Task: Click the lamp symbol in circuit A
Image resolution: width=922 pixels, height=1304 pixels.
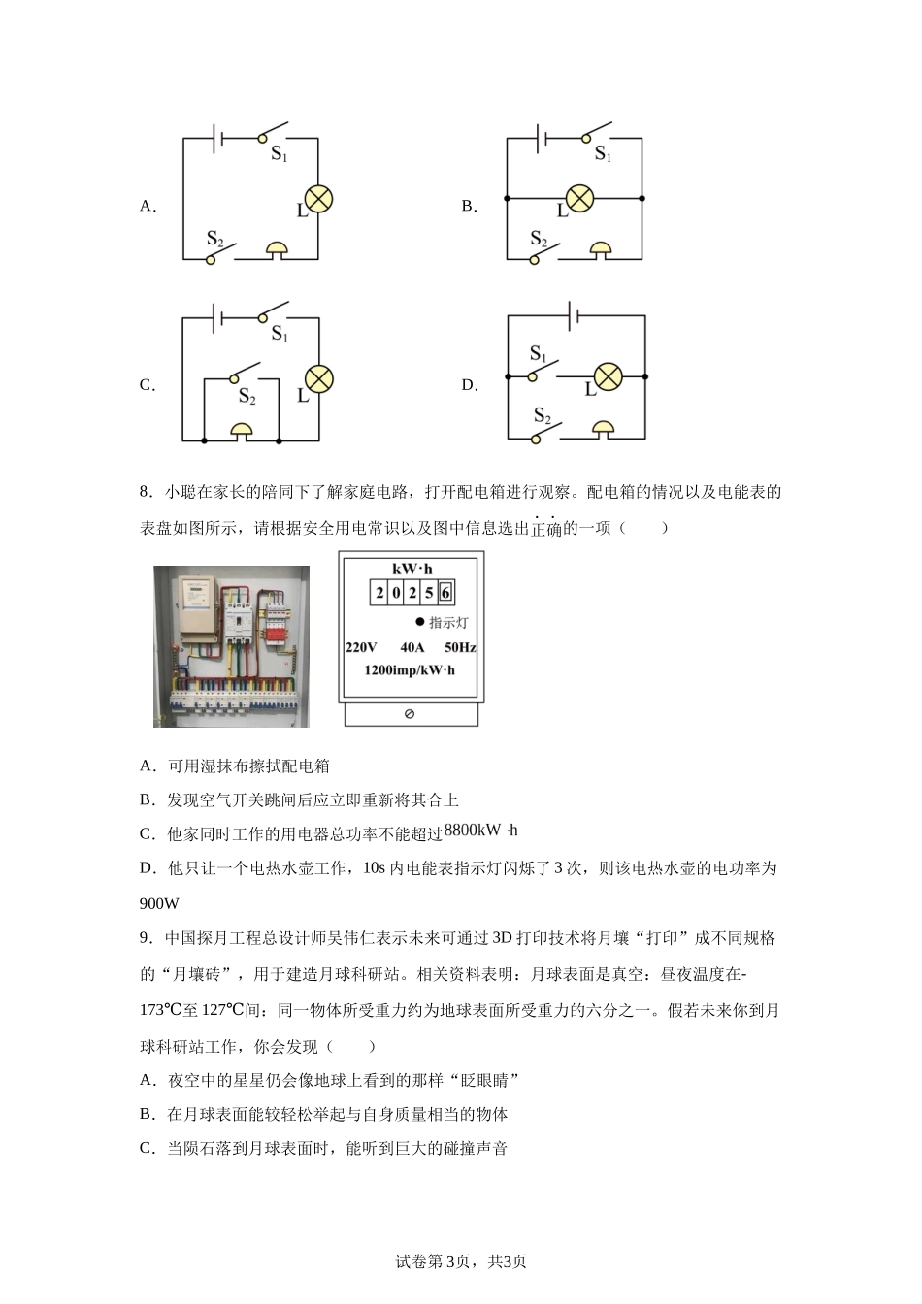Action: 318,199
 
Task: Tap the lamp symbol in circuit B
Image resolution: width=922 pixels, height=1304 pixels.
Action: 579,198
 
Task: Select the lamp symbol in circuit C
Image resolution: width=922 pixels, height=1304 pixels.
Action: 318,378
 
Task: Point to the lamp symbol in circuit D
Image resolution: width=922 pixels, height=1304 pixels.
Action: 608,376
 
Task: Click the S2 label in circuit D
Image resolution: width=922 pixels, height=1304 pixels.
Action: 542,418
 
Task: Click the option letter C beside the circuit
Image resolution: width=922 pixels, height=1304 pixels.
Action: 147,385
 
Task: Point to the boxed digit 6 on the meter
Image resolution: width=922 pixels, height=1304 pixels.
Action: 445,593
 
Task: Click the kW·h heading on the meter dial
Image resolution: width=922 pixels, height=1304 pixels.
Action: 412,569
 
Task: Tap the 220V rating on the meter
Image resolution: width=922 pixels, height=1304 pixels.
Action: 361,647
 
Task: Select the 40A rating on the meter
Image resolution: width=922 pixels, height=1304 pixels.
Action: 412,647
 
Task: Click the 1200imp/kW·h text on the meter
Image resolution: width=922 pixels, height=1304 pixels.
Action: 409,670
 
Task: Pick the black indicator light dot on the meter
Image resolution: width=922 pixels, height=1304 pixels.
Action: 420,622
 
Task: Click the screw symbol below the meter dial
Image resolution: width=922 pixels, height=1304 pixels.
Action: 409,714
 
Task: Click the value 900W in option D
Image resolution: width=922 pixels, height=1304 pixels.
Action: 160,903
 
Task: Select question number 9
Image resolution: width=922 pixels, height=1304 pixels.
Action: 146,938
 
